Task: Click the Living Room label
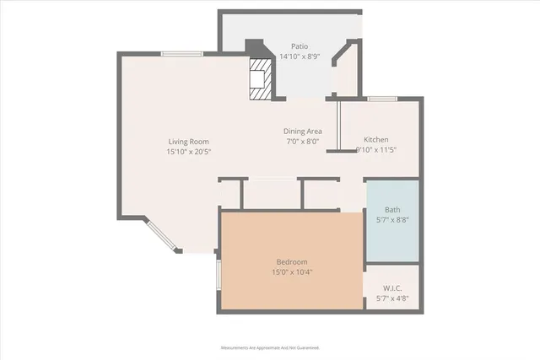(188, 142)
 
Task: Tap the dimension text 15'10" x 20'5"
(189, 152)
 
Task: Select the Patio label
(300, 47)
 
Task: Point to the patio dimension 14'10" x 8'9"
(300, 57)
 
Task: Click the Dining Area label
(302, 132)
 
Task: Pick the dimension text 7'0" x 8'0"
(302, 142)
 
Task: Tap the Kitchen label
(376, 139)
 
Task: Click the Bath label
(392, 210)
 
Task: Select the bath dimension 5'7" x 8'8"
(392, 220)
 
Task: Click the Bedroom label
(292, 262)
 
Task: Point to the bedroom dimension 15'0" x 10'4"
(292, 272)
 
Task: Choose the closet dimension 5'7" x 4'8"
(392, 297)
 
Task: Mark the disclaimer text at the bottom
(270, 347)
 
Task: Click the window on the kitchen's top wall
(382, 99)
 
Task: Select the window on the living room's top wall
(175, 54)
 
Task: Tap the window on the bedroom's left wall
(219, 275)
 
